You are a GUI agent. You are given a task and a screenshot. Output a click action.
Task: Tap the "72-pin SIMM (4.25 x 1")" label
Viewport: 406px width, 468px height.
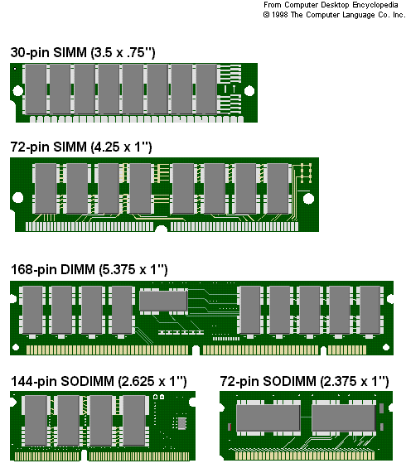(x=81, y=147)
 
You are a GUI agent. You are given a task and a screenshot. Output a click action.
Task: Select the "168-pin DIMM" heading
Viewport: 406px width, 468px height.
(x=53, y=269)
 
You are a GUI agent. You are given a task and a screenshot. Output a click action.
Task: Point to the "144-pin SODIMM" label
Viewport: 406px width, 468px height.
(x=62, y=381)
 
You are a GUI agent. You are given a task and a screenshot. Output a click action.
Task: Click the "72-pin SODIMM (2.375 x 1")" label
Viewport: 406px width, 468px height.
(x=305, y=381)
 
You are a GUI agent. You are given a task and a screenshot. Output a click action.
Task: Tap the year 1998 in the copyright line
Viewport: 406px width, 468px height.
(x=280, y=15)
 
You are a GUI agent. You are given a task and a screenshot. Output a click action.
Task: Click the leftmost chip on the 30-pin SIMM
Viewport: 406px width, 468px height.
(x=36, y=89)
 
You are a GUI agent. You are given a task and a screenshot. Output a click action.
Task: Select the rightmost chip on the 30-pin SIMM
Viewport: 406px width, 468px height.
(x=206, y=89)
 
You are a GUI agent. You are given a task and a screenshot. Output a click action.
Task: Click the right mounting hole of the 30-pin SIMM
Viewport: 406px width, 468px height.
(x=249, y=91)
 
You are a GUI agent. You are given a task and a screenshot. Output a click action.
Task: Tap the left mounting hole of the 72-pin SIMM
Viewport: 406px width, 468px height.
(x=18, y=198)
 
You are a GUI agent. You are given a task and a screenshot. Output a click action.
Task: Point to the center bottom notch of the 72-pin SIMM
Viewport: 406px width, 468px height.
(x=162, y=229)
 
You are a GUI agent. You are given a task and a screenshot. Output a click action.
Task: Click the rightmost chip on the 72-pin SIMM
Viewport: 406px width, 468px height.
(x=278, y=189)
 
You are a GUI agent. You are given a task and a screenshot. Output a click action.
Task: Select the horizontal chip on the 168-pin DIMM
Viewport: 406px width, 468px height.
(x=163, y=301)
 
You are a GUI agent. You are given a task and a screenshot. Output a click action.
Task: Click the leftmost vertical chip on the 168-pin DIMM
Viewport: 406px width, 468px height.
(x=32, y=310)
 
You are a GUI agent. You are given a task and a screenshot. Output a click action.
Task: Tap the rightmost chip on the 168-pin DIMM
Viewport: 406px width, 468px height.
(x=370, y=310)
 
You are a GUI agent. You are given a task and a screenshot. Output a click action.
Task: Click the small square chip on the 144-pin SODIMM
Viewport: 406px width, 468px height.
(x=181, y=423)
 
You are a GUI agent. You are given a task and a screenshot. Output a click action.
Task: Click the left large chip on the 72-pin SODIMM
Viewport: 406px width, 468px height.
(x=268, y=417)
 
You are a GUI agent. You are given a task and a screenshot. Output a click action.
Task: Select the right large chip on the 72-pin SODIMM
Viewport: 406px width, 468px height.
(x=344, y=417)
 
